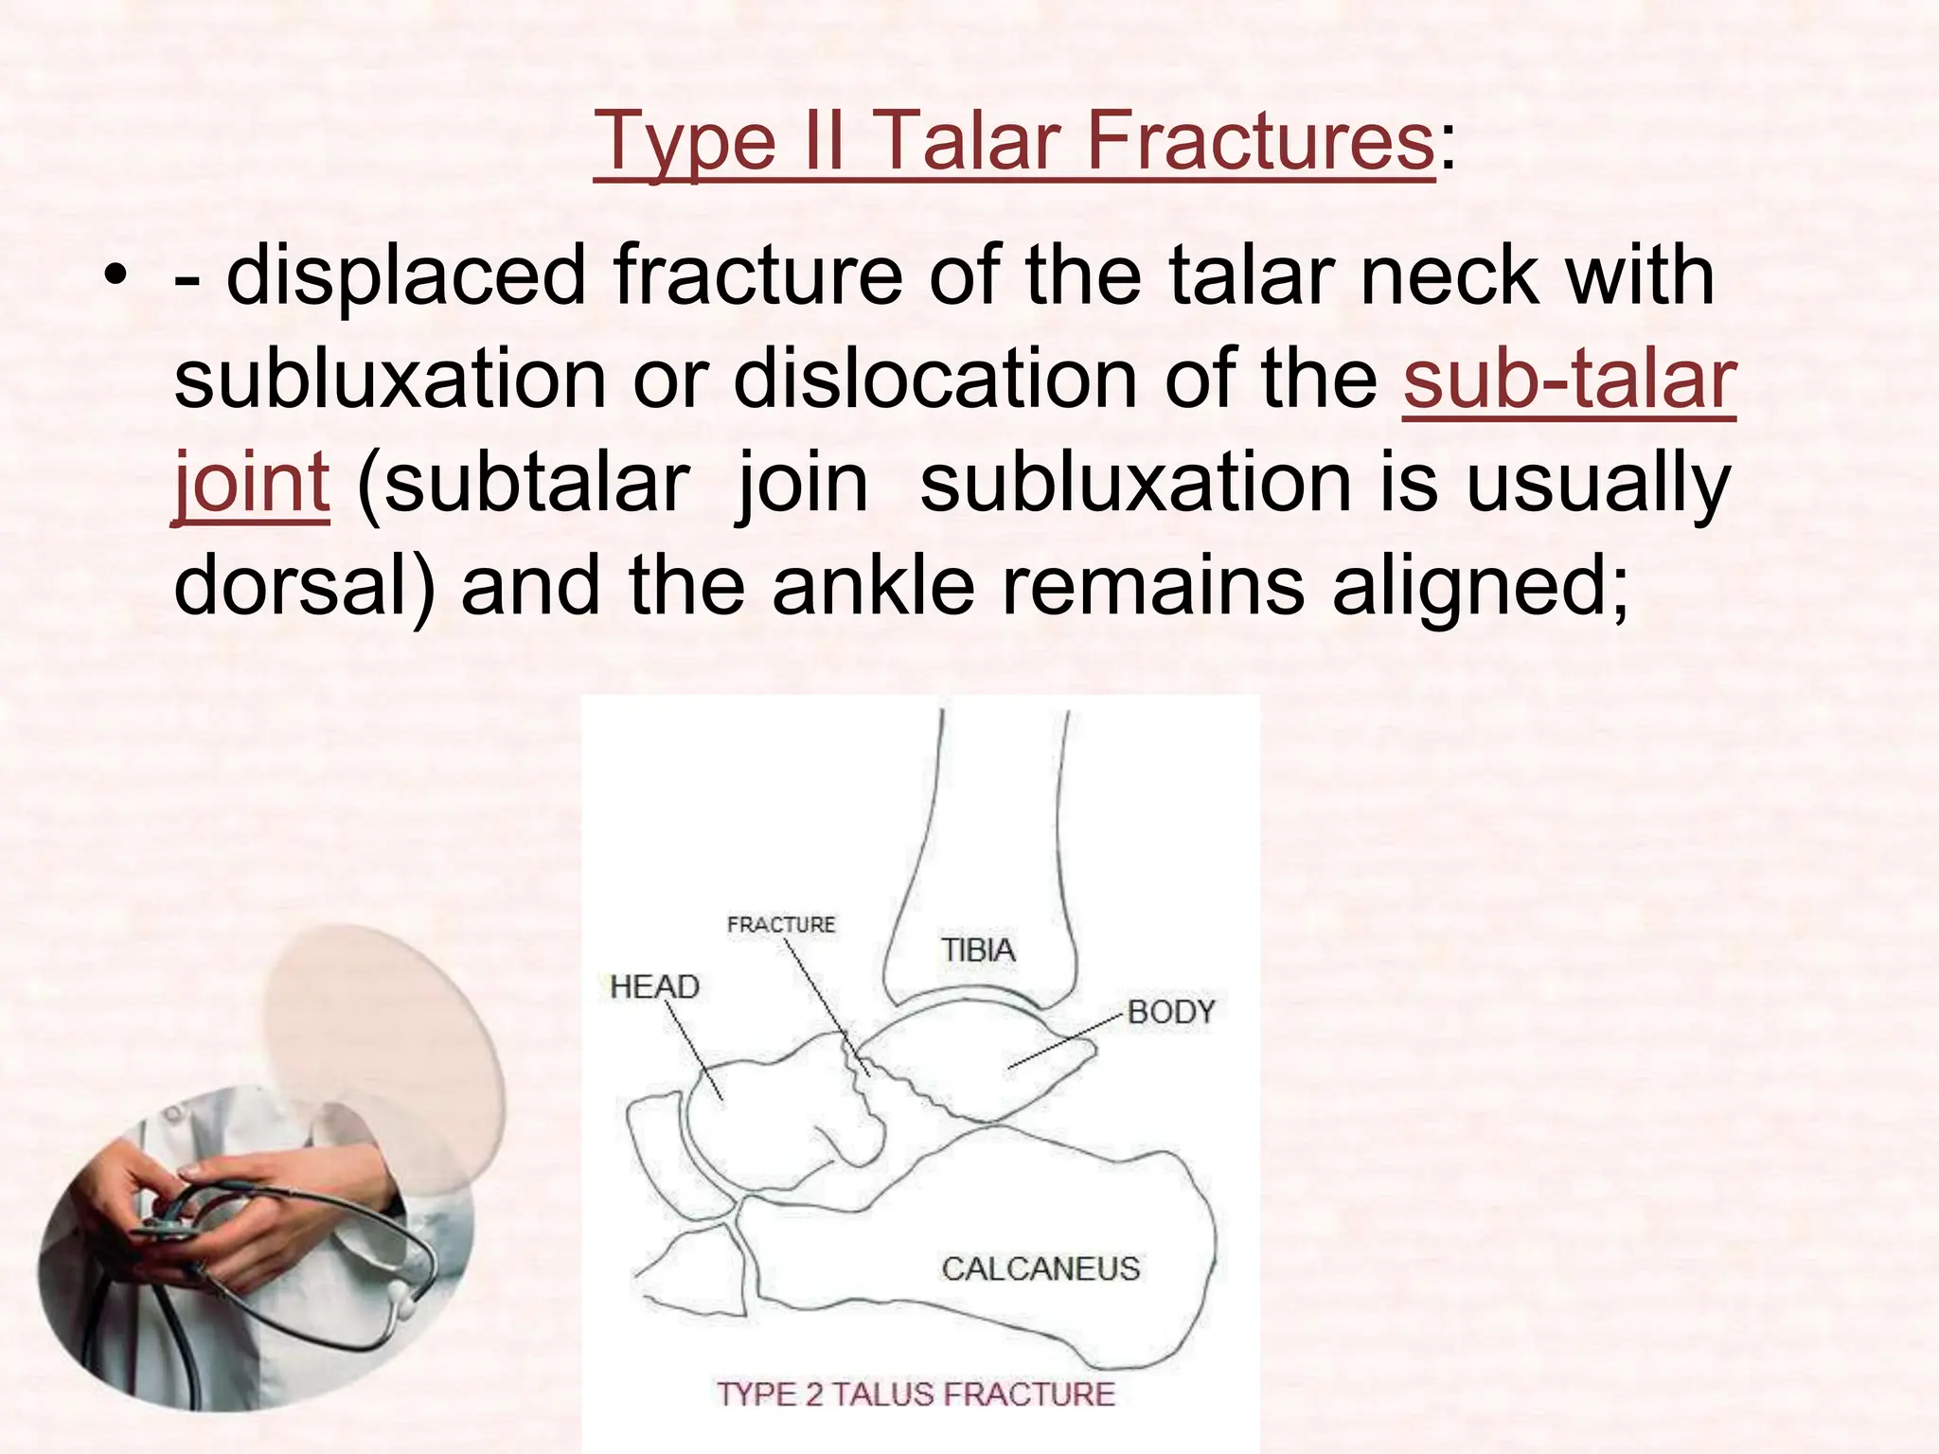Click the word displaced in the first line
pyautogui.click(x=406, y=276)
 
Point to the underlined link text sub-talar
pyautogui.click(x=1569, y=380)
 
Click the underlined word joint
pyautogui.click(x=252, y=483)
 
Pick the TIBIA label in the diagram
pyautogui.click(x=977, y=950)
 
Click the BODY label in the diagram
pyautogui.click(x=1170, y=1012)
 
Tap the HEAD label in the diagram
pyautogui.click(x=654, y=987)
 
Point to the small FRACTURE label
pyautogui.click(x=781, y=925)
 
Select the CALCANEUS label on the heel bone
pyautogui.click(x=1041, y=1268)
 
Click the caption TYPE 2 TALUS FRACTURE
pyautogui.click(x=916, y=1394)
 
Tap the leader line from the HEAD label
pyautogui.click(x=693, y=1050)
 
